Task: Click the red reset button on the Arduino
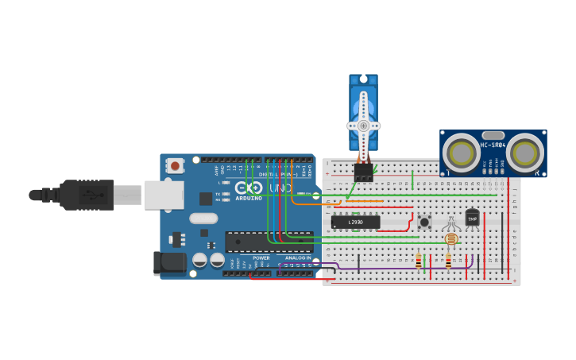click(x=174, y=165)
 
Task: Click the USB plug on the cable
click(x=87, y=195)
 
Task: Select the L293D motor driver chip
click(x=355, y=223)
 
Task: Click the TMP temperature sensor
click(x=472, y=218)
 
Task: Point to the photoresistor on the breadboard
click(x=451, y=238)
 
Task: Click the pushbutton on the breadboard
click(x=424, y=223)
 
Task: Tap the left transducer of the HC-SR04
click(x=461, y=151)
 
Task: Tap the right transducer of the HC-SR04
click(x=525, y=151)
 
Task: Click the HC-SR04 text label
click(x=493, y=145)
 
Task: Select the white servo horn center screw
click(x=363, y=126)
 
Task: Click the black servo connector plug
click(x=363, y=172)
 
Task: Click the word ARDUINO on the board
click(x=249, y=197)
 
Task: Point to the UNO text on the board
click(x=280, y=188)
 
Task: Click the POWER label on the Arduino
click(x=261, y=257)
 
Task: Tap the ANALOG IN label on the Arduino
click(x=298, y=257)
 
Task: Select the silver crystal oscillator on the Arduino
click(x=203, y=218)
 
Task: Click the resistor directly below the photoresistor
click(x=448, y=261)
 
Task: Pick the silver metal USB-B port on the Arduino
click(x=164, y=195)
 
